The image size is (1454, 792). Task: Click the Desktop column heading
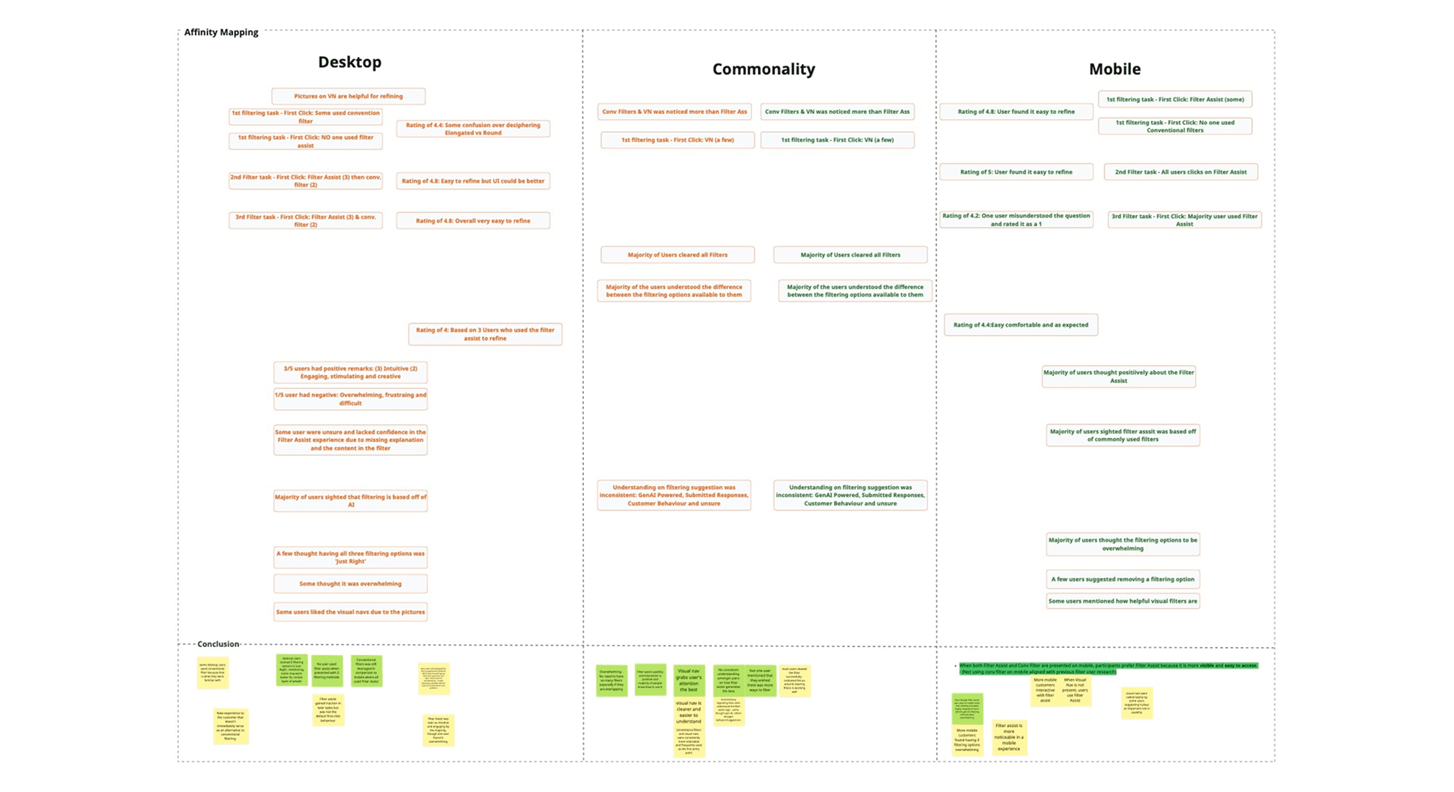coord(350,62)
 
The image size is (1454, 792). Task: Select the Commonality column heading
coord(763,69)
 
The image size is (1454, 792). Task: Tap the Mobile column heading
coord(1114,69)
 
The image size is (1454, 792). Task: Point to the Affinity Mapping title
coord(221,32)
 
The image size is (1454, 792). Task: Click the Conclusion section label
coord(218,644)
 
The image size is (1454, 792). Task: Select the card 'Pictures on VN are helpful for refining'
coord(348,96)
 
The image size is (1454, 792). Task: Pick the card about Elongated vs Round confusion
coord(473,129)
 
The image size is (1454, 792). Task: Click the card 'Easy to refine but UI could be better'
coord(473,181)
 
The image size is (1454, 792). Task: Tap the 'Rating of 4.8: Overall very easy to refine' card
coord(473,221)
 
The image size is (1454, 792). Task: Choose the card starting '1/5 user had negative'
coord(350,399)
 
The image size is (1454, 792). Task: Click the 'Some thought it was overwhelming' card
coord(350,584)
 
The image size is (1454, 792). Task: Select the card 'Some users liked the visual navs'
coord(350,612)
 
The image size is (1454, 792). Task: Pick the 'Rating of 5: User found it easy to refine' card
coord(1016,172)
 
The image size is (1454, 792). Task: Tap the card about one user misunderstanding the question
coord(1016,219)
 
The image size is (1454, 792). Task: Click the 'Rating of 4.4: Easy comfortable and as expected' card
coord(1021,325)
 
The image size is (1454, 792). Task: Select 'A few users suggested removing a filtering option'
coord(1122,578)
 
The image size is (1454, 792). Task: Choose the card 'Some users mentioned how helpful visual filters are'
coord(1122,601)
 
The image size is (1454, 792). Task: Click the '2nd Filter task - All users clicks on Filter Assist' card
coord(1180,172)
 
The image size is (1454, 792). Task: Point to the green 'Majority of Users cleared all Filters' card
coord(850,255)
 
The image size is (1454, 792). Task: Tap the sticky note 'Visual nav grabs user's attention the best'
coord(688,679)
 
